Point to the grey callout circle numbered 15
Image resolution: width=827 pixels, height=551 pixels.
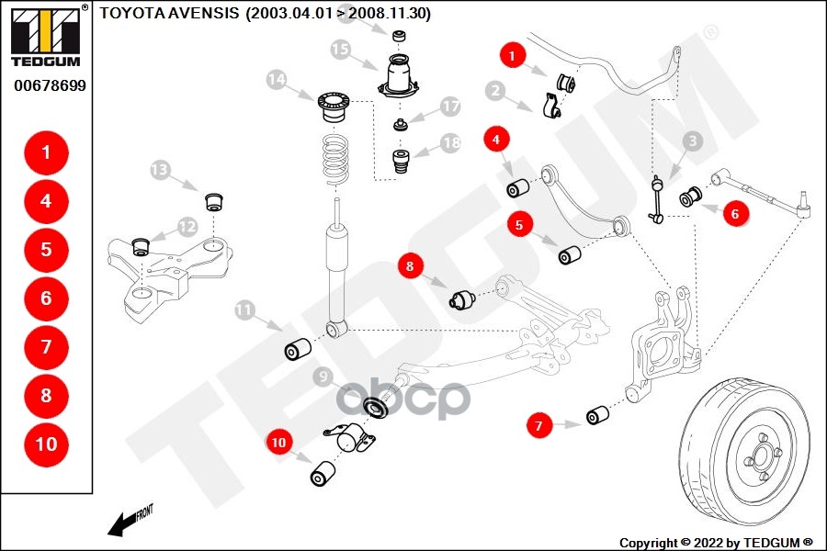pos(341,50)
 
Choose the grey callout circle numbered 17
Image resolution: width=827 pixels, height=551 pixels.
pos(449,107)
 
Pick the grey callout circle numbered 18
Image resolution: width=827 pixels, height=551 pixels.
pos(449,143)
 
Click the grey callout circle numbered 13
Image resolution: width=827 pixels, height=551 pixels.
pos(161,170)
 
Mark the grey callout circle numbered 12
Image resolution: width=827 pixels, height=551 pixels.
pos(187,226)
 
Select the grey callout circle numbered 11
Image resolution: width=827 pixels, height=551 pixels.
pos(244,310)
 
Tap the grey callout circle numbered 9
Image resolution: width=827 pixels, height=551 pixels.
pos(323,377)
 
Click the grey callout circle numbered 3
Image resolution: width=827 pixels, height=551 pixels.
pos(693,141)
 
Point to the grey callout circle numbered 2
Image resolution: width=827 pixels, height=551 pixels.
pos(495,91)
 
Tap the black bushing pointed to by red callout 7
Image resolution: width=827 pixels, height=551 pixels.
pos(598,415)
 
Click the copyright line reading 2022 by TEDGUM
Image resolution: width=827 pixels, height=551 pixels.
pos(717,542)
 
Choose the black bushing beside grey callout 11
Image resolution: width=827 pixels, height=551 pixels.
pos(297,350)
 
